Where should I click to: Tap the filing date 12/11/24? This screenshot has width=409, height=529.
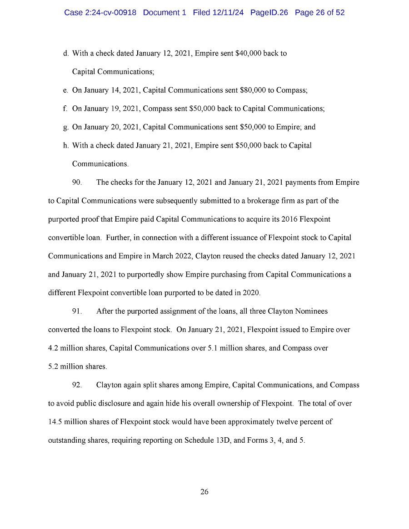(x=228, y=13)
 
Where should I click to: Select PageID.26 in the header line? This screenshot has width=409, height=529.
(x=269, y=13)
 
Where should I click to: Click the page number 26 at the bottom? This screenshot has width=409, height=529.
(x=204, y=492)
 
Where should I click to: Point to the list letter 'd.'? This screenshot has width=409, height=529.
(x=66, y=54)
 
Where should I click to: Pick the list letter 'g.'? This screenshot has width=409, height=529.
(x=66, y=127)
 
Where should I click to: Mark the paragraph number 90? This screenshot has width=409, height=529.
(x=77, y=183)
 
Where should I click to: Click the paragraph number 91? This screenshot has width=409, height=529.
(x=77, y=311)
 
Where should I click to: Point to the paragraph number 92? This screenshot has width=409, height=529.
(x=77, y=385)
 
